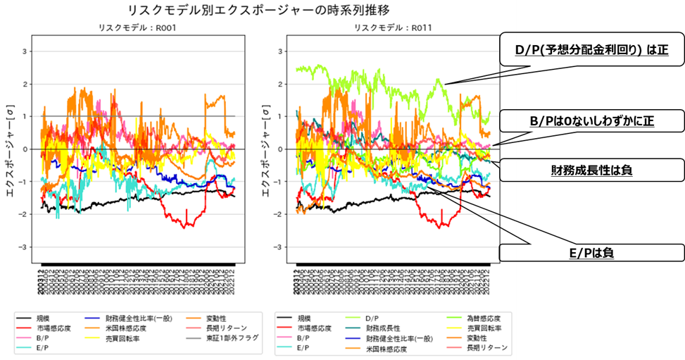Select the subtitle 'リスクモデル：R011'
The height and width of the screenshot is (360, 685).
pos(392,28)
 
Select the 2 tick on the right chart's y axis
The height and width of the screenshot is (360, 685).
pos(281,84)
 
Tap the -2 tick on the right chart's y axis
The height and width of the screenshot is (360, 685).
pos(279,215)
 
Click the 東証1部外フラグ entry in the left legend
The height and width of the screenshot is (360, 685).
pos(235,338)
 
